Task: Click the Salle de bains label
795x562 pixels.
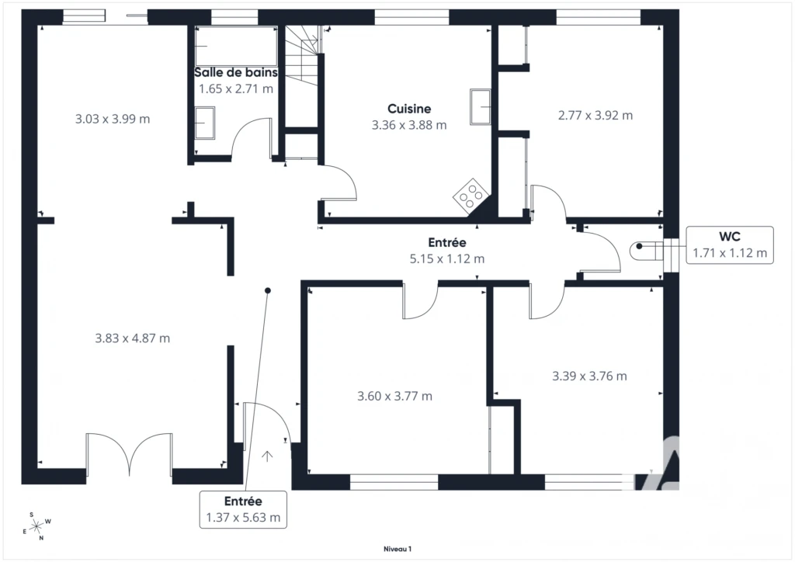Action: coord(236,72)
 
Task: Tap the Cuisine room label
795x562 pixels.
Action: coord(409,109)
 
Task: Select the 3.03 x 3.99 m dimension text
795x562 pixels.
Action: coord(113,119)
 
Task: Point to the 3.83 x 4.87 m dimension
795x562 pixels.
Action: coord(132,338)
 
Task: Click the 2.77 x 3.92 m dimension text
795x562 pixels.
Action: coord(595,116)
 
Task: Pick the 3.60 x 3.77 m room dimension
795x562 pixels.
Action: coord(394,396)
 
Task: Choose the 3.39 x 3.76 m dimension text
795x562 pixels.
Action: coord(589,376)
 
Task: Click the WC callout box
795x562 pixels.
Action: coord(730,245)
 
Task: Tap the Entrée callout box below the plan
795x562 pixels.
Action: coord(243,509)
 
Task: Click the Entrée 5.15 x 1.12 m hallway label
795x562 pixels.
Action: coord(446,251)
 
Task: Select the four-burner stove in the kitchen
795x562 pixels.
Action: coord(471,193)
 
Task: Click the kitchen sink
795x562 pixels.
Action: coord(480,106)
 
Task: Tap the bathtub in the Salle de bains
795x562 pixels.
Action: coord(236,46)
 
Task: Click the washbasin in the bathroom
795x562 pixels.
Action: coord(205,123)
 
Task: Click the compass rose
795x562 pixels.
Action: coord(37,526)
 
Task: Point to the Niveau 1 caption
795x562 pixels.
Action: coord(397,549)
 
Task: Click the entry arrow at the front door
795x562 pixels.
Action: coord(267,456)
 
